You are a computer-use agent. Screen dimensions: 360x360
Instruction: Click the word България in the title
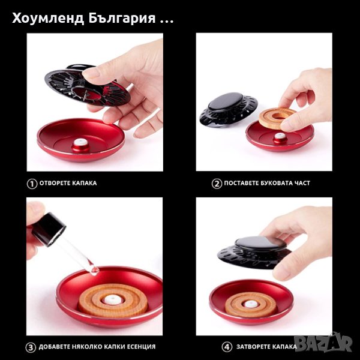(x=122, y=19)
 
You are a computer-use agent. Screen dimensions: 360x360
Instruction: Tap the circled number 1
(x=32, y=184)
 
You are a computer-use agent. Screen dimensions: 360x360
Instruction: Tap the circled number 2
(x=217, y=184)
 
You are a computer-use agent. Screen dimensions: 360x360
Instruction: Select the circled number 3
(x=31, y=347)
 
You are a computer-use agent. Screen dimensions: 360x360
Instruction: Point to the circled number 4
(x=227, y=347)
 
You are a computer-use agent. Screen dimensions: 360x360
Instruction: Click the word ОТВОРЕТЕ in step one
(x=55, y=183)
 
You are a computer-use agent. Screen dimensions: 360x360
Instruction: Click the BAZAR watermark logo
(x=323, y=343)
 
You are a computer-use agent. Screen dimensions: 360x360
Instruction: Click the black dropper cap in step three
(x=48, y=229)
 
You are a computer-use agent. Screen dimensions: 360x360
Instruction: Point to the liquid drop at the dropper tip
(x=94, y=271)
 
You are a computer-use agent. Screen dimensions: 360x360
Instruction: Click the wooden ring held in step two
(x=277, y=117)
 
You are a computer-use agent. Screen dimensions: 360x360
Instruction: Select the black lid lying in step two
(x=228, y=109)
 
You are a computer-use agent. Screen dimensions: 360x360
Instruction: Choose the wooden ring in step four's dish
(x=251, y=305)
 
